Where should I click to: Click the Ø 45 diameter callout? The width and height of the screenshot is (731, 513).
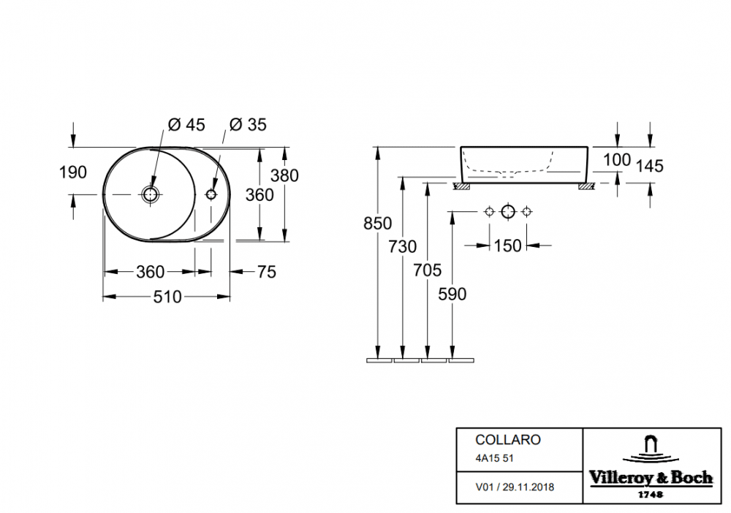tap(186, 125)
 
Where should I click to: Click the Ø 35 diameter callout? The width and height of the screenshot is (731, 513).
tap(248, 125)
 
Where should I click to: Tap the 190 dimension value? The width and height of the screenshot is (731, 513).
tap(72, 172)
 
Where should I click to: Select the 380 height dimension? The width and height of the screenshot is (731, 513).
tap(284, 175)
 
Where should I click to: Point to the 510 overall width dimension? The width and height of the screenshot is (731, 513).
tap(167, 297)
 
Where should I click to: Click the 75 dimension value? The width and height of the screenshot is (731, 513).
tap(267, 272)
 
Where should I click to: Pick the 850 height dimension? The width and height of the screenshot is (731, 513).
tap(378, 224)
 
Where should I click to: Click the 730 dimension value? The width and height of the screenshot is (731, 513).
tap(402, 246)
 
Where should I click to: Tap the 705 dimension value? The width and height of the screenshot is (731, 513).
tap(427, 270)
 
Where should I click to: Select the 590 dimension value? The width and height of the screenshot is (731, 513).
tap(452, 294)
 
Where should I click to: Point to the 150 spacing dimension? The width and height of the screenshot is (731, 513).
tap(508, 246)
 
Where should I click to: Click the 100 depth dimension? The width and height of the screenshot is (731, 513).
tap(617, 160)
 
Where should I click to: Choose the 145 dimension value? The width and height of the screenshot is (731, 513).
tap(649, 167)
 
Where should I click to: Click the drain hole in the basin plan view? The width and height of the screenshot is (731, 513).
tap(151, 194)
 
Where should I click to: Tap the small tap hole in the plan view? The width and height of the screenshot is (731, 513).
tap(211, 194)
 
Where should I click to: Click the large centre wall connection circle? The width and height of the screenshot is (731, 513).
tap(508, 212)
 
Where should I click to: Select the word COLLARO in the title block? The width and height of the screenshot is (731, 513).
tap(508, 440)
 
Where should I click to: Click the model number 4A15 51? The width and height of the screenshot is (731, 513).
tap(494, 458)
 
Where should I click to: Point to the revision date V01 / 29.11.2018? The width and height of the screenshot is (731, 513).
tap(515, 487)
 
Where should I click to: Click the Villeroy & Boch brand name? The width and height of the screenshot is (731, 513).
tap(651, 478)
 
